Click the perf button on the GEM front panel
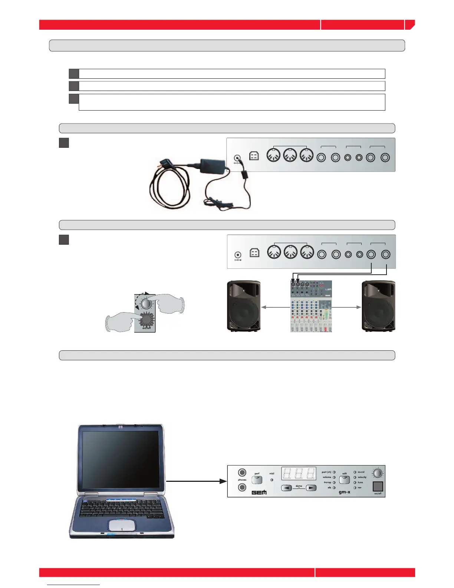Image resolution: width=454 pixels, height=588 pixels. [257, 480]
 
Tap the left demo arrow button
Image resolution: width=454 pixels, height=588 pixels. [286, 488]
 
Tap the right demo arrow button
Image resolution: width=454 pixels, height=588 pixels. [311, 488]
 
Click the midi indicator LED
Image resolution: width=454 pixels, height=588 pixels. [272, 480]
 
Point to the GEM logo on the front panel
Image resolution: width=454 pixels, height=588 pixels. [259, 492]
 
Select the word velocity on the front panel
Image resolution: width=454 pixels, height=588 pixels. [362, 477]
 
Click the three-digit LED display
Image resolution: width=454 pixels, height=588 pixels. [299, 474]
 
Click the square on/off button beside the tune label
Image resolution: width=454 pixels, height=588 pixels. [377, 486]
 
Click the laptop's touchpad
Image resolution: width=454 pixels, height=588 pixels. [122, 525]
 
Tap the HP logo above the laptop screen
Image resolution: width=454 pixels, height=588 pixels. [121, 427]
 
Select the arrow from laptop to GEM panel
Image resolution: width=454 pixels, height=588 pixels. [197, 481]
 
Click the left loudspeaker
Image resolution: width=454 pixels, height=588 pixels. [244, 306]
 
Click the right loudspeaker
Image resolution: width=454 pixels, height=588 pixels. [378, 306]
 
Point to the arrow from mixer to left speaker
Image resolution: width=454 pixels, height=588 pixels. [275, 307]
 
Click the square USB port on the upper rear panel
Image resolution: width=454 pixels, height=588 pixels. [254, 157]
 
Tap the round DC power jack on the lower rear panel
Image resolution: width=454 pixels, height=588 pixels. [238, 255]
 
